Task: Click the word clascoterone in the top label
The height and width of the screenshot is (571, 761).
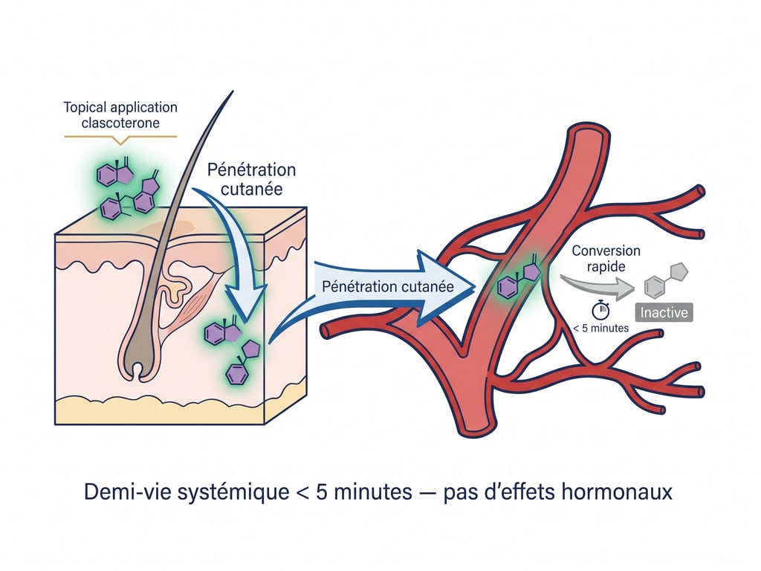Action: tap(121, 123)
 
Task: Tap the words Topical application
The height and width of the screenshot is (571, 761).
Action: tap(121, 107)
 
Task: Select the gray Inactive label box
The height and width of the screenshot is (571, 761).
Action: tap(665, 312)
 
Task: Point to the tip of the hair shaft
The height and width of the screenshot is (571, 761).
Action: tap(232, 92)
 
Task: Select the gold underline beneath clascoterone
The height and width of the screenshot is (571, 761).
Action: tap(121, 136)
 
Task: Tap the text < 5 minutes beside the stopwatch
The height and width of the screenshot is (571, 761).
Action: tap(603, 328)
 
